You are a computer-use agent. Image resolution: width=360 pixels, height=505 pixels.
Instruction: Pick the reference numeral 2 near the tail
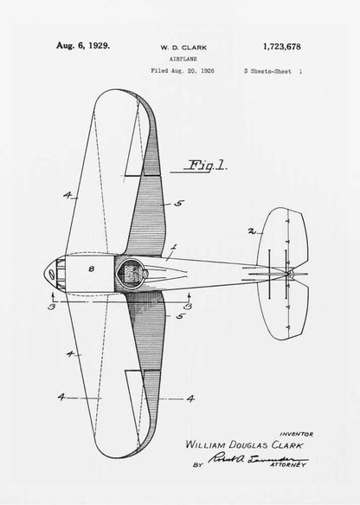(250, 232)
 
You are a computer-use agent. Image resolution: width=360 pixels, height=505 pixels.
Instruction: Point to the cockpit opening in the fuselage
(132, 272)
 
